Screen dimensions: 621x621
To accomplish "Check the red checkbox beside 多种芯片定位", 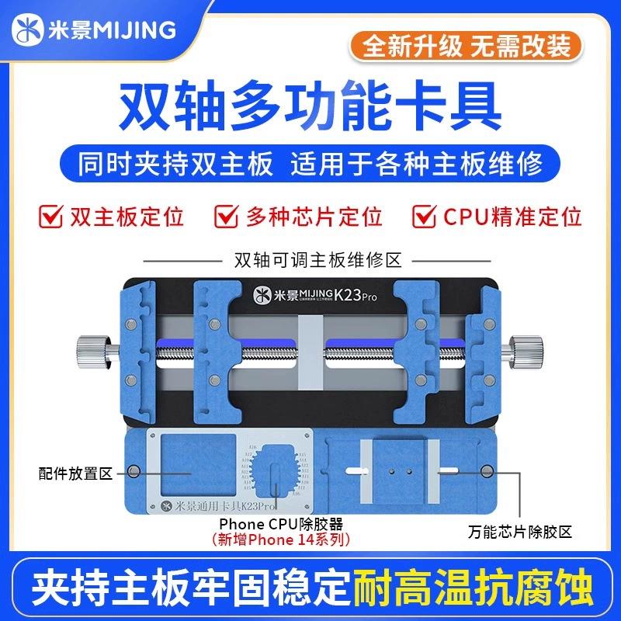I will coord(227,215).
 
